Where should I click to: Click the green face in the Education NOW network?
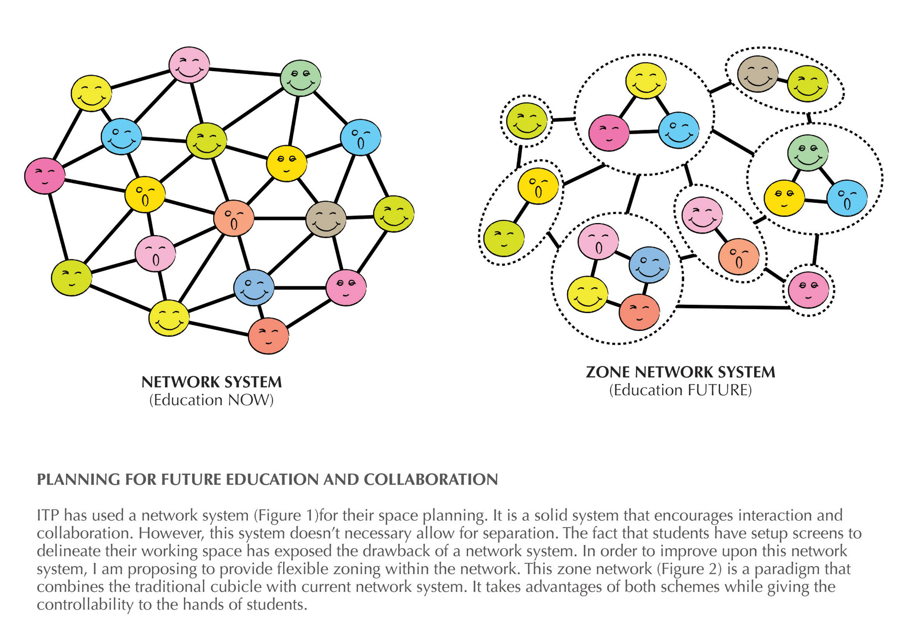click(x=300, y=78)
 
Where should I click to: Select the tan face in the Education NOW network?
click(x=326, y=219)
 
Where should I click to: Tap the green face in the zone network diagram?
click(x=808, y=153)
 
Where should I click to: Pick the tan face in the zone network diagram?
click(x=758, y=74)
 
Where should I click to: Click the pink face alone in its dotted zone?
click(x=809, y=290)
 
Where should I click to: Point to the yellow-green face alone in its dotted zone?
click(x=526, y=121)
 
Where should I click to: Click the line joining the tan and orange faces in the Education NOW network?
click(x=280, y=219)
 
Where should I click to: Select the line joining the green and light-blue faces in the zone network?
click(x=827, y=176)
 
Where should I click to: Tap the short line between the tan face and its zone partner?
click(x=783, y=80)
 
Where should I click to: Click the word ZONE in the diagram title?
click(x=608, y=372)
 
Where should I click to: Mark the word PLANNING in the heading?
click(x=78, y=479)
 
